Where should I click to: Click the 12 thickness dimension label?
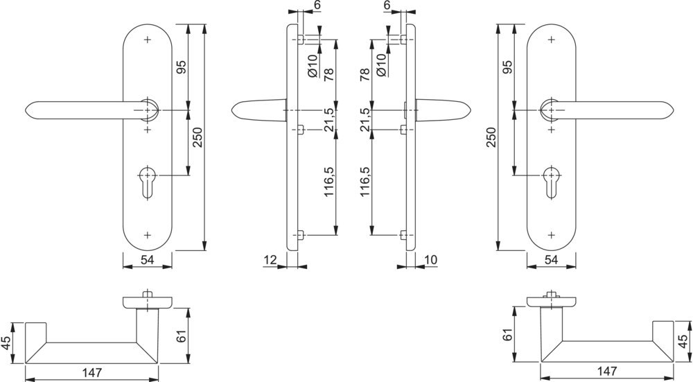point(270,259)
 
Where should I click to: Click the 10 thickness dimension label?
point(430,259)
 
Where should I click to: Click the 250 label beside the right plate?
point(493,139)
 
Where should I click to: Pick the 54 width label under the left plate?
point(147,260)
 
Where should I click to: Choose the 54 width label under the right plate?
point(551,260)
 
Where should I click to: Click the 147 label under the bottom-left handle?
point(91,372)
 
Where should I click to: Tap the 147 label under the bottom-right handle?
point(607,372)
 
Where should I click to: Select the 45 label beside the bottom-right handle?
point(683,342)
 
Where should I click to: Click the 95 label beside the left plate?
point(182,67)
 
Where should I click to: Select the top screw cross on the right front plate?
point(551,40)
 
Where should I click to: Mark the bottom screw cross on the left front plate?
point(148,235)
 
